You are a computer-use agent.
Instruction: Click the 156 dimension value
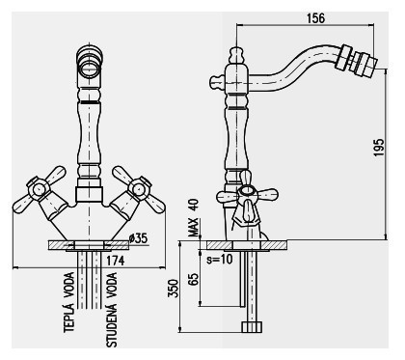[x=315, y=18]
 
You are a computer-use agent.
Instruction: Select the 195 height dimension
[x=379, y=148]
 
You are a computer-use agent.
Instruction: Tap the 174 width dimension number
[x=115, y=261]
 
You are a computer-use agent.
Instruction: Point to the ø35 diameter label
[x=138, y=238]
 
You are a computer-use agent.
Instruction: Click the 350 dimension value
[x=173, y=289]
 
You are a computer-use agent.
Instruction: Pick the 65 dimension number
[x=193, y=279]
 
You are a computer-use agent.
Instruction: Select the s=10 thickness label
[x=219, y=259]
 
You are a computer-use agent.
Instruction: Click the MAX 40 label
[x=194, y=218]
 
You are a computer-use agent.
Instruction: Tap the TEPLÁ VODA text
[x=69, y=302]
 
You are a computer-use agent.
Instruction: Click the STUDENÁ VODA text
[x=112, y=310]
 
